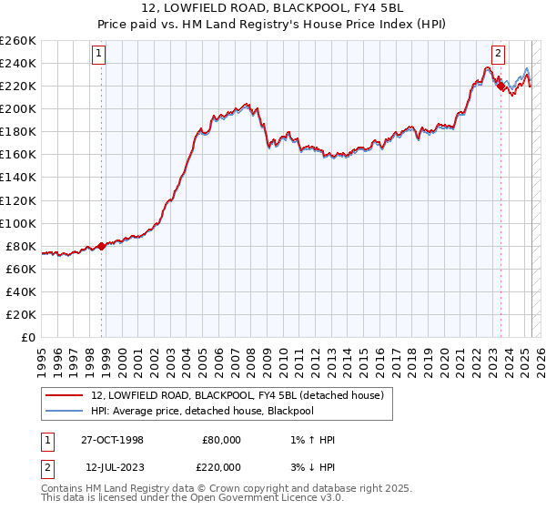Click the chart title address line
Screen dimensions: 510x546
(x=272, y=8)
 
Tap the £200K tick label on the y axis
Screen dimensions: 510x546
(x=18, y=108)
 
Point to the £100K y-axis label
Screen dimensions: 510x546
(x=18, y=223)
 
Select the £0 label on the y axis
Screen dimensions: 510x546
(x=29, y=337)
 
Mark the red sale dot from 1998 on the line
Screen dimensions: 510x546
(x=101, y=246)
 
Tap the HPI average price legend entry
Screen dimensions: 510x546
(x=215, y=411)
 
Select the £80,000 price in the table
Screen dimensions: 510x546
(x=221, y=440)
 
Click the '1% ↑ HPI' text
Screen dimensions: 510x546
(x=310, y=440)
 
